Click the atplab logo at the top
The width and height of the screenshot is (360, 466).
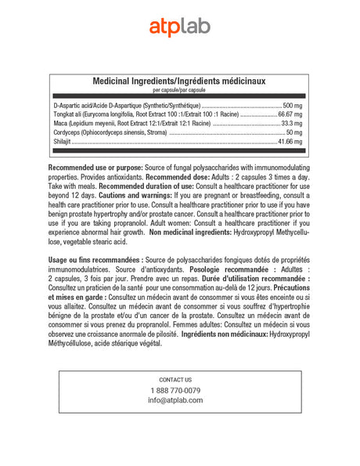tap(180, 27)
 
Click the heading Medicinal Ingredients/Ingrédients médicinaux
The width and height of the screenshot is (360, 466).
tap(179, 81)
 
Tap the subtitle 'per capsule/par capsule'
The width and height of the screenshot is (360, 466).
tap(179, 91)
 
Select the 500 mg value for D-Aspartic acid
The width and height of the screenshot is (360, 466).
tap(292, 105)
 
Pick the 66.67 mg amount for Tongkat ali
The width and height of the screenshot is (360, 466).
tap(290, 114)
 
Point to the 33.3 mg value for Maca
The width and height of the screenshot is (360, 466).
tap(291, 124)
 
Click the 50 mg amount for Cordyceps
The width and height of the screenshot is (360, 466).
tap(294, 133)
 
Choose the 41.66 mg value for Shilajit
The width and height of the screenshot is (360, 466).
tap(290, 143)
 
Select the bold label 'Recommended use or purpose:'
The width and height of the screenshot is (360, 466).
tap(96, 168)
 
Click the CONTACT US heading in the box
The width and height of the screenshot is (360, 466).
tap(175, 379)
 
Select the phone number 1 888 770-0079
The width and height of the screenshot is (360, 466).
tap(175, 390)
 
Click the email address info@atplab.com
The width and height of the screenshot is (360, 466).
tap(175, 400)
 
